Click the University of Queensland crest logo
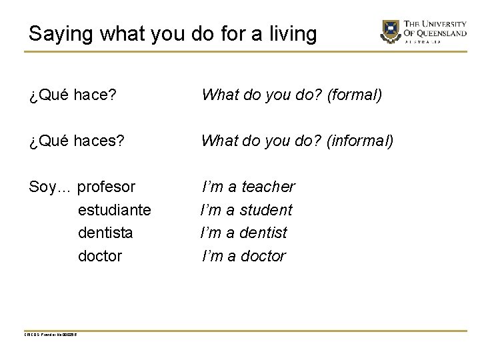click(390, 30)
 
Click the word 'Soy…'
click(51, 187)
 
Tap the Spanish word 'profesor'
click(107, 187)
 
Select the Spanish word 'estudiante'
click(115, 210)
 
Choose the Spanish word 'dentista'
click(105, 233)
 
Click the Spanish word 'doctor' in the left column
click(100, 255)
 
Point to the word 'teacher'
click(268, 187)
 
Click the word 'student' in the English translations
click(267, 210)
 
